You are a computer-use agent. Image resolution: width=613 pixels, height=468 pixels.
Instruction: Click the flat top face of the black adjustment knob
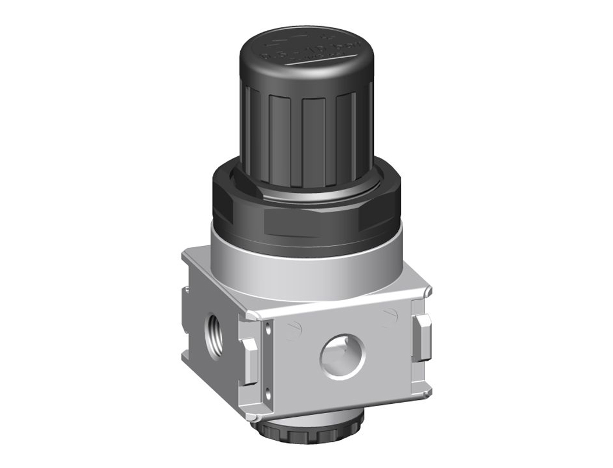click(x=303, y=55)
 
